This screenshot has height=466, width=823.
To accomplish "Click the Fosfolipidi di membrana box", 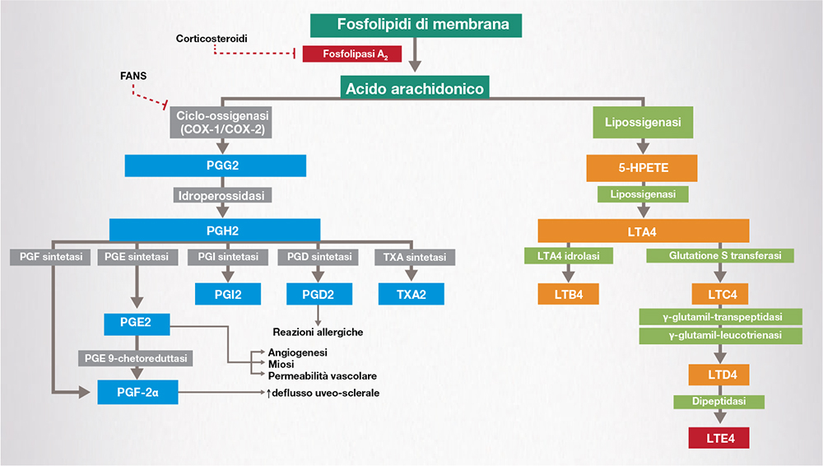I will (x=416, y=24).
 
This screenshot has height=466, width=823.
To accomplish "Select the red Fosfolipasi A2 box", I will (x=351, y=55).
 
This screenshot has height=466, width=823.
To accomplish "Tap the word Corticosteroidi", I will (x=212, y=38).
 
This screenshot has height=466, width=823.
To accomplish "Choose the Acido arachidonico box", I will (x=416, y=86).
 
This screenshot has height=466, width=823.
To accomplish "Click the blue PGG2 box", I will (x=216, y=166).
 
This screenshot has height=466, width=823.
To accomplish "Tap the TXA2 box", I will (x=411, y=293).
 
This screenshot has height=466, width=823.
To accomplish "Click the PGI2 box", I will (x=228, y=293).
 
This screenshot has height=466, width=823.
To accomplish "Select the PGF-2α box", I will (x=135, y=392).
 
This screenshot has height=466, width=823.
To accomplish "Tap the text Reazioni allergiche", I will (x=318, y=332).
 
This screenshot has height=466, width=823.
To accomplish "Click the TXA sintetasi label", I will (x=411, y=257).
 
